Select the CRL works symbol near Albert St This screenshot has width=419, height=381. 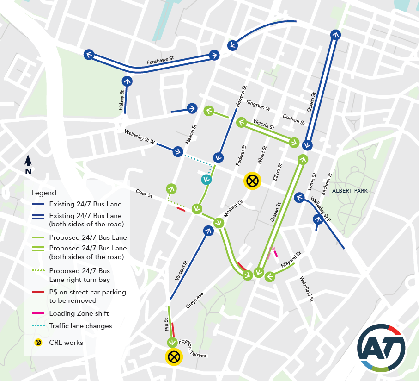[252, 181]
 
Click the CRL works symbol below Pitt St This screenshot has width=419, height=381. [174, 356]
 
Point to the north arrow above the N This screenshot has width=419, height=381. [28, 161]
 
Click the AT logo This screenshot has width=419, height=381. [381, 348]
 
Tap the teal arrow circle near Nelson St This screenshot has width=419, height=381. [206, 180]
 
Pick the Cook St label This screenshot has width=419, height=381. [144, 193]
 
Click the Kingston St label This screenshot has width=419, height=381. [258, 105]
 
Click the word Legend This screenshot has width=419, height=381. [44, 193]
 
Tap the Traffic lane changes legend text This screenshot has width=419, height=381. [80, 326]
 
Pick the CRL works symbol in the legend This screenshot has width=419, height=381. [38, 343]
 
